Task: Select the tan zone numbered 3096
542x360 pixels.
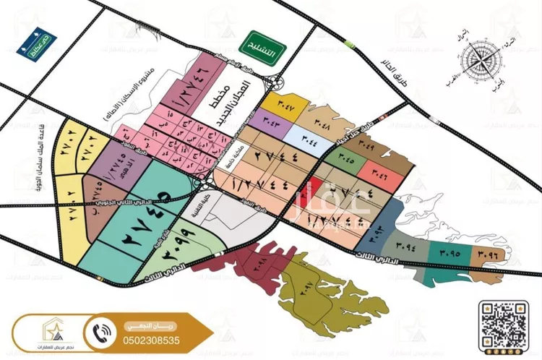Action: (484, 254)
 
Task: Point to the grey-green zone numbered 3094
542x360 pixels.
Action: (405, 247)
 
